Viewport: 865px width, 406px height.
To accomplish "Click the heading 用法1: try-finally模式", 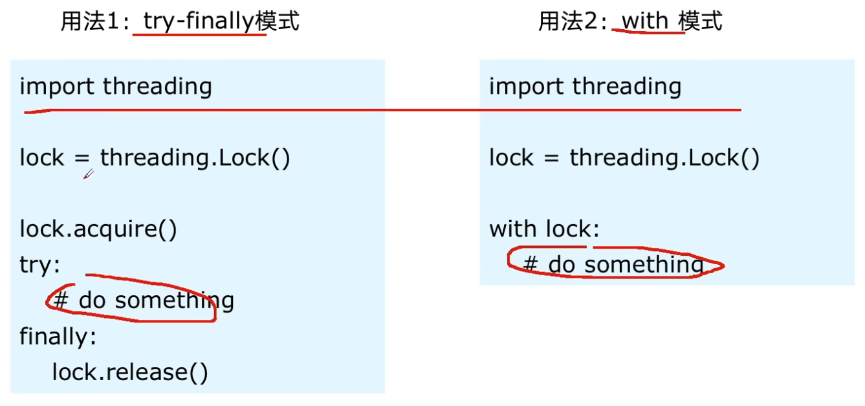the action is (180, 22).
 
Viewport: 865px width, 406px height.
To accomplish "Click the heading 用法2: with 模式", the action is (630, 22).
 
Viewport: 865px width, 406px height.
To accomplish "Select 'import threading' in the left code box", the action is (116, 87).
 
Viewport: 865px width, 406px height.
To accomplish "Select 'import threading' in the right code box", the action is (585, 87).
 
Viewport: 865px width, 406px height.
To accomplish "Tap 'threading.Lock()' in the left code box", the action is (195, 158).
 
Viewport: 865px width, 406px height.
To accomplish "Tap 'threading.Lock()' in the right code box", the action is (664, 158).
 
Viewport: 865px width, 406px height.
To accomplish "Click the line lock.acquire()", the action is (98, 229).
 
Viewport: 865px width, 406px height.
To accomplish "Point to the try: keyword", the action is (39, 265).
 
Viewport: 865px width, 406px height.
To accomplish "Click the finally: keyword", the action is (58, 336).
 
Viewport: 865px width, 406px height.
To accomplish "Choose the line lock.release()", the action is (130, 372).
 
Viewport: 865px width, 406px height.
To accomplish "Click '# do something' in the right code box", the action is (613, 264).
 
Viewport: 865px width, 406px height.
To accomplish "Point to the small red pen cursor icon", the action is (89, 174).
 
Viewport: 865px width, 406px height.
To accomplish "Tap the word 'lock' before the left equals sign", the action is (42, 158).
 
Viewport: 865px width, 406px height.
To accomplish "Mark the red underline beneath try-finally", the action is (199, 34).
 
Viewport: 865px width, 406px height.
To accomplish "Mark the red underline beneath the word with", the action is (648, 32).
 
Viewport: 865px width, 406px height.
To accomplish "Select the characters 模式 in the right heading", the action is (701, 22).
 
